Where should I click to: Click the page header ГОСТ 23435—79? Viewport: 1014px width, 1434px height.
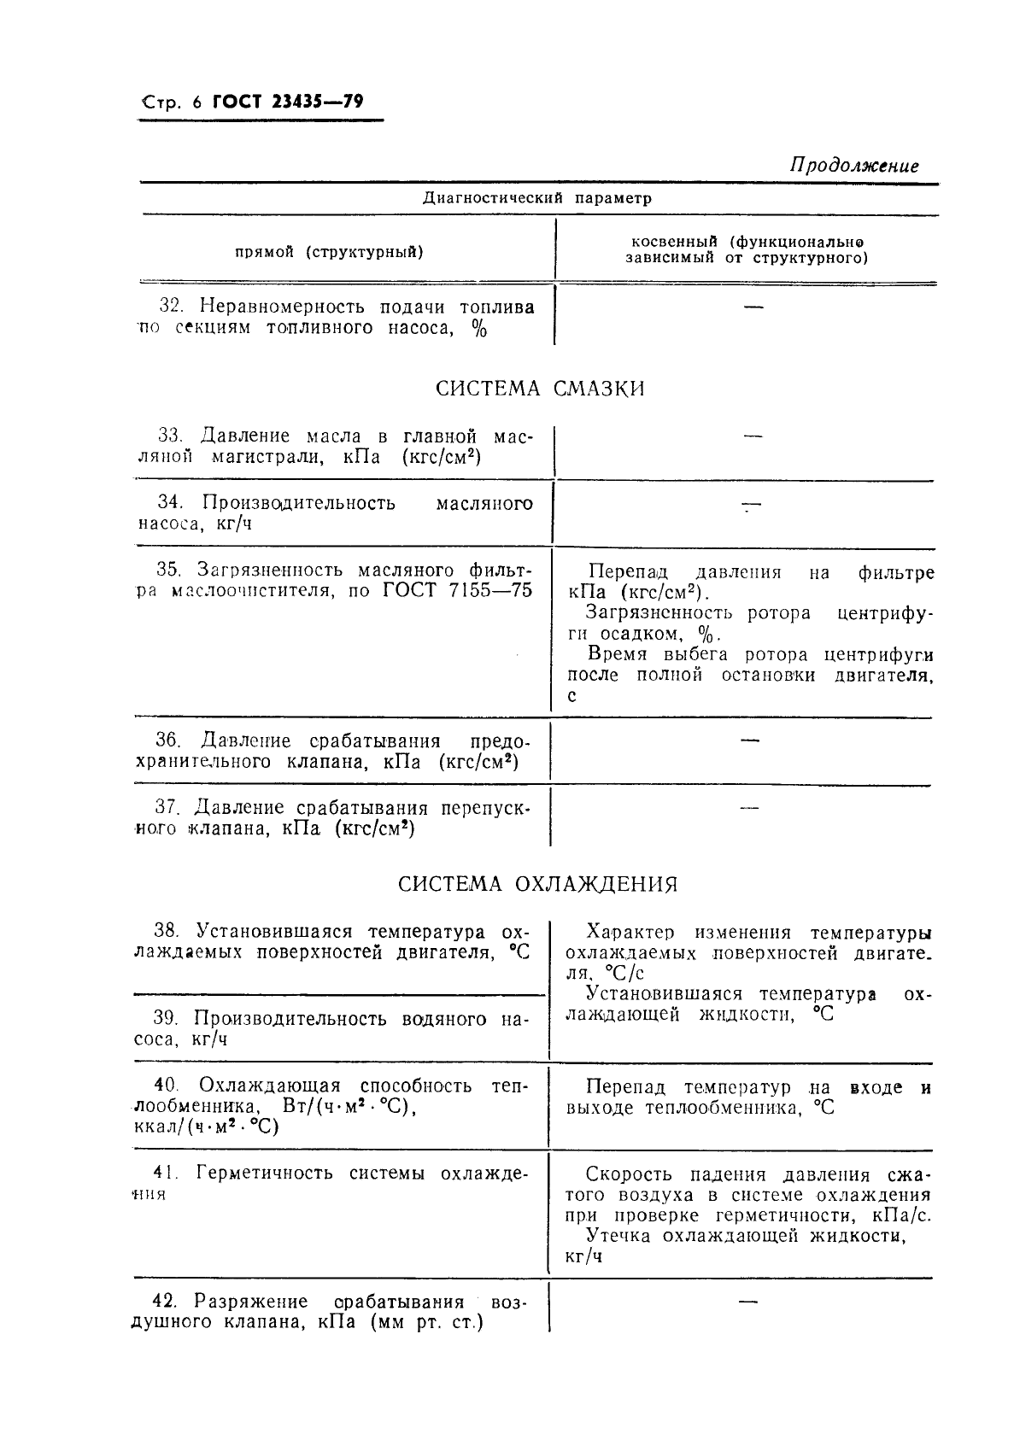288,102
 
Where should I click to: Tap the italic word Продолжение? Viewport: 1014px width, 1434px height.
853,166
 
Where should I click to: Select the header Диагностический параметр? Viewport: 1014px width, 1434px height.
537,198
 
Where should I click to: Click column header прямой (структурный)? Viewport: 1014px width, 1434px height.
330,252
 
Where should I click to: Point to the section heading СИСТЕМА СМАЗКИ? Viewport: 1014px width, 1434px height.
540,389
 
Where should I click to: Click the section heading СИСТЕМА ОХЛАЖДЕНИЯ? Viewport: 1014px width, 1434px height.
538,884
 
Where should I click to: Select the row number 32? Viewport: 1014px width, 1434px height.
171,307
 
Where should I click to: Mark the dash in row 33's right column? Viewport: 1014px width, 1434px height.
753,437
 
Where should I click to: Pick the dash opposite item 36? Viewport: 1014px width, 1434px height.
749,740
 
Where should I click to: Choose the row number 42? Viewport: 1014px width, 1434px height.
164,1302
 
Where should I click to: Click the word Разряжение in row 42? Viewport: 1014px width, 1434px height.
251,1302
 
